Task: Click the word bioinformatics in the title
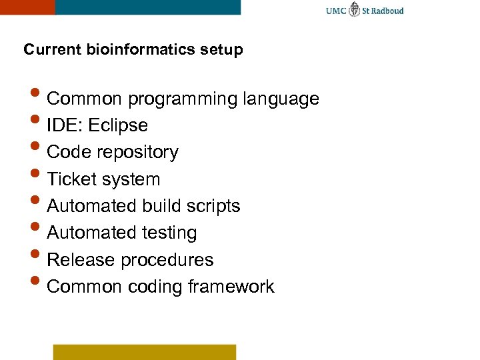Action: [139, 50]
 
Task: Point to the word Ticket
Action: [71, 179]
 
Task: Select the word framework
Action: [231, 287]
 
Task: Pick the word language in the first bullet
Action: [281, 99]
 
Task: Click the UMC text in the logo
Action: [336, 11]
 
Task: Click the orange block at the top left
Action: [27, 7]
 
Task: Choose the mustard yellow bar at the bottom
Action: [145, 352]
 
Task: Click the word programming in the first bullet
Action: [182, 99]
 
